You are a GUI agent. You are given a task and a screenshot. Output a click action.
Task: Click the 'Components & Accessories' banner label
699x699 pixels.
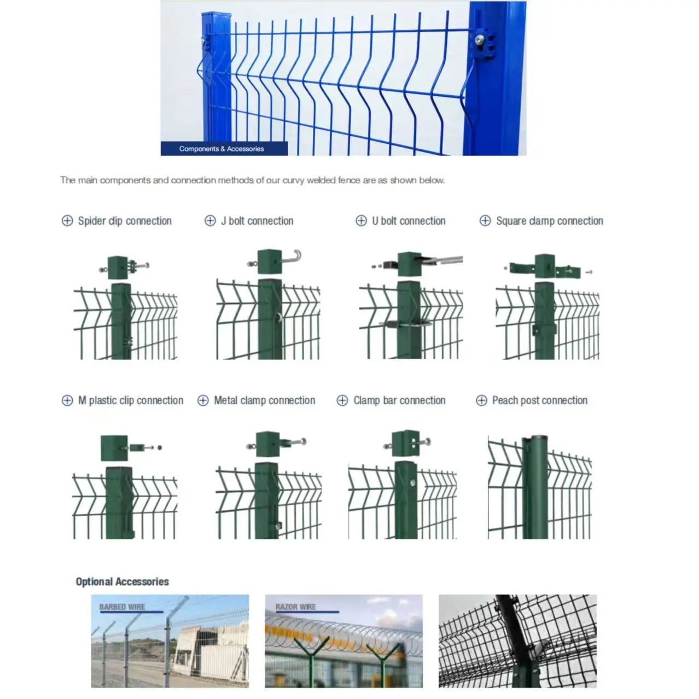222,149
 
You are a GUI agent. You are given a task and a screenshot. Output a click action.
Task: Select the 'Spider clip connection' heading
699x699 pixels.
125,221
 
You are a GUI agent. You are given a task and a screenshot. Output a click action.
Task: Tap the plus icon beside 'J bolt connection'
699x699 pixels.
210,220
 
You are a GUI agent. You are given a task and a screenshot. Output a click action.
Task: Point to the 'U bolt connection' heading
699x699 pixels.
409,221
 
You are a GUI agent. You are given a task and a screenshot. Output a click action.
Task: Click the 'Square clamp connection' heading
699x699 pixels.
549,221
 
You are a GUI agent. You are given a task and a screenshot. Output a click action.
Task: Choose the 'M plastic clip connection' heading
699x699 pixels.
131,400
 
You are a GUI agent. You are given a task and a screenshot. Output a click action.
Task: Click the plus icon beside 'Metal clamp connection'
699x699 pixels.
203,400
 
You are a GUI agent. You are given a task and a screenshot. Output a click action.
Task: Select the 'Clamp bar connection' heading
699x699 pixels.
399,400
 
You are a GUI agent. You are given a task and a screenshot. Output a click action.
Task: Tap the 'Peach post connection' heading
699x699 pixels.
539,400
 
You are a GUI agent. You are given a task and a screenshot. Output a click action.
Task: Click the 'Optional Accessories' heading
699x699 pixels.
122,581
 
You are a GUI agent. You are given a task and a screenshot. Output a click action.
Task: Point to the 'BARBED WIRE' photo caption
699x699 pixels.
122,607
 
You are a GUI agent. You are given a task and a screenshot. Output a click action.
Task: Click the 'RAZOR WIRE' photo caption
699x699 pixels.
295,607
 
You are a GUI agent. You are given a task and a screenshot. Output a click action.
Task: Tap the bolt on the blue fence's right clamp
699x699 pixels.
480,39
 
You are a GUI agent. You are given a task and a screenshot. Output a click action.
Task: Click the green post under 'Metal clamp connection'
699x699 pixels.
266,500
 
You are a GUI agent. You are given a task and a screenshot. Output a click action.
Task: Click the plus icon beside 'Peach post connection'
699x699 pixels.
481,400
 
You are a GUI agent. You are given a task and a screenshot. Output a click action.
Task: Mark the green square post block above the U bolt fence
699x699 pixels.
410,264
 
